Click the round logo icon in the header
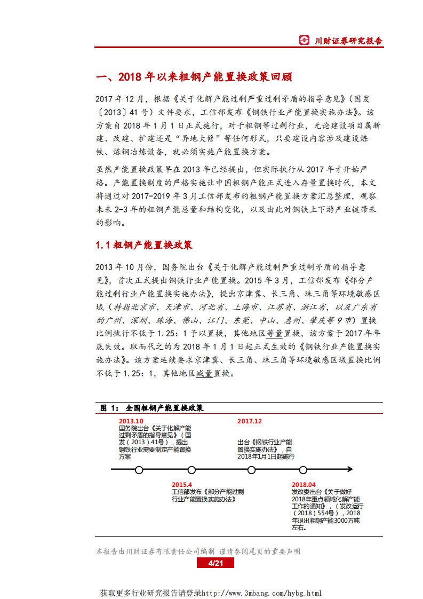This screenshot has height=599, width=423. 304,40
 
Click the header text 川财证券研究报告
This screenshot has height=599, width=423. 348,41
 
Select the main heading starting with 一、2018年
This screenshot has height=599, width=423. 194,77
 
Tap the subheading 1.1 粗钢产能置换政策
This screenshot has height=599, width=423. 144,245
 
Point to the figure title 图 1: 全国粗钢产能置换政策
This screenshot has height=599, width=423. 151,408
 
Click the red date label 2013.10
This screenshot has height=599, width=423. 131,421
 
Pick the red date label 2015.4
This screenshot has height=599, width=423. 181,484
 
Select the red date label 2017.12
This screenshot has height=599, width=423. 249,421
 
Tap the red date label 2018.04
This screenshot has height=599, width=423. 304,484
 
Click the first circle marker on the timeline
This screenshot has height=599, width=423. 139,470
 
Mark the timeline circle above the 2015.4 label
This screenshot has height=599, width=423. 191,470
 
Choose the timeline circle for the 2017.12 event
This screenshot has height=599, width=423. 251,470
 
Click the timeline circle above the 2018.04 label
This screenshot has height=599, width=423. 303,470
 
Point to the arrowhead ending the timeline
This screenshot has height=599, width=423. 349,470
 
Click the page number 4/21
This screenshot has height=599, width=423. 216,563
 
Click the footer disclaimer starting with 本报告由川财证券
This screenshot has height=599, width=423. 198,551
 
